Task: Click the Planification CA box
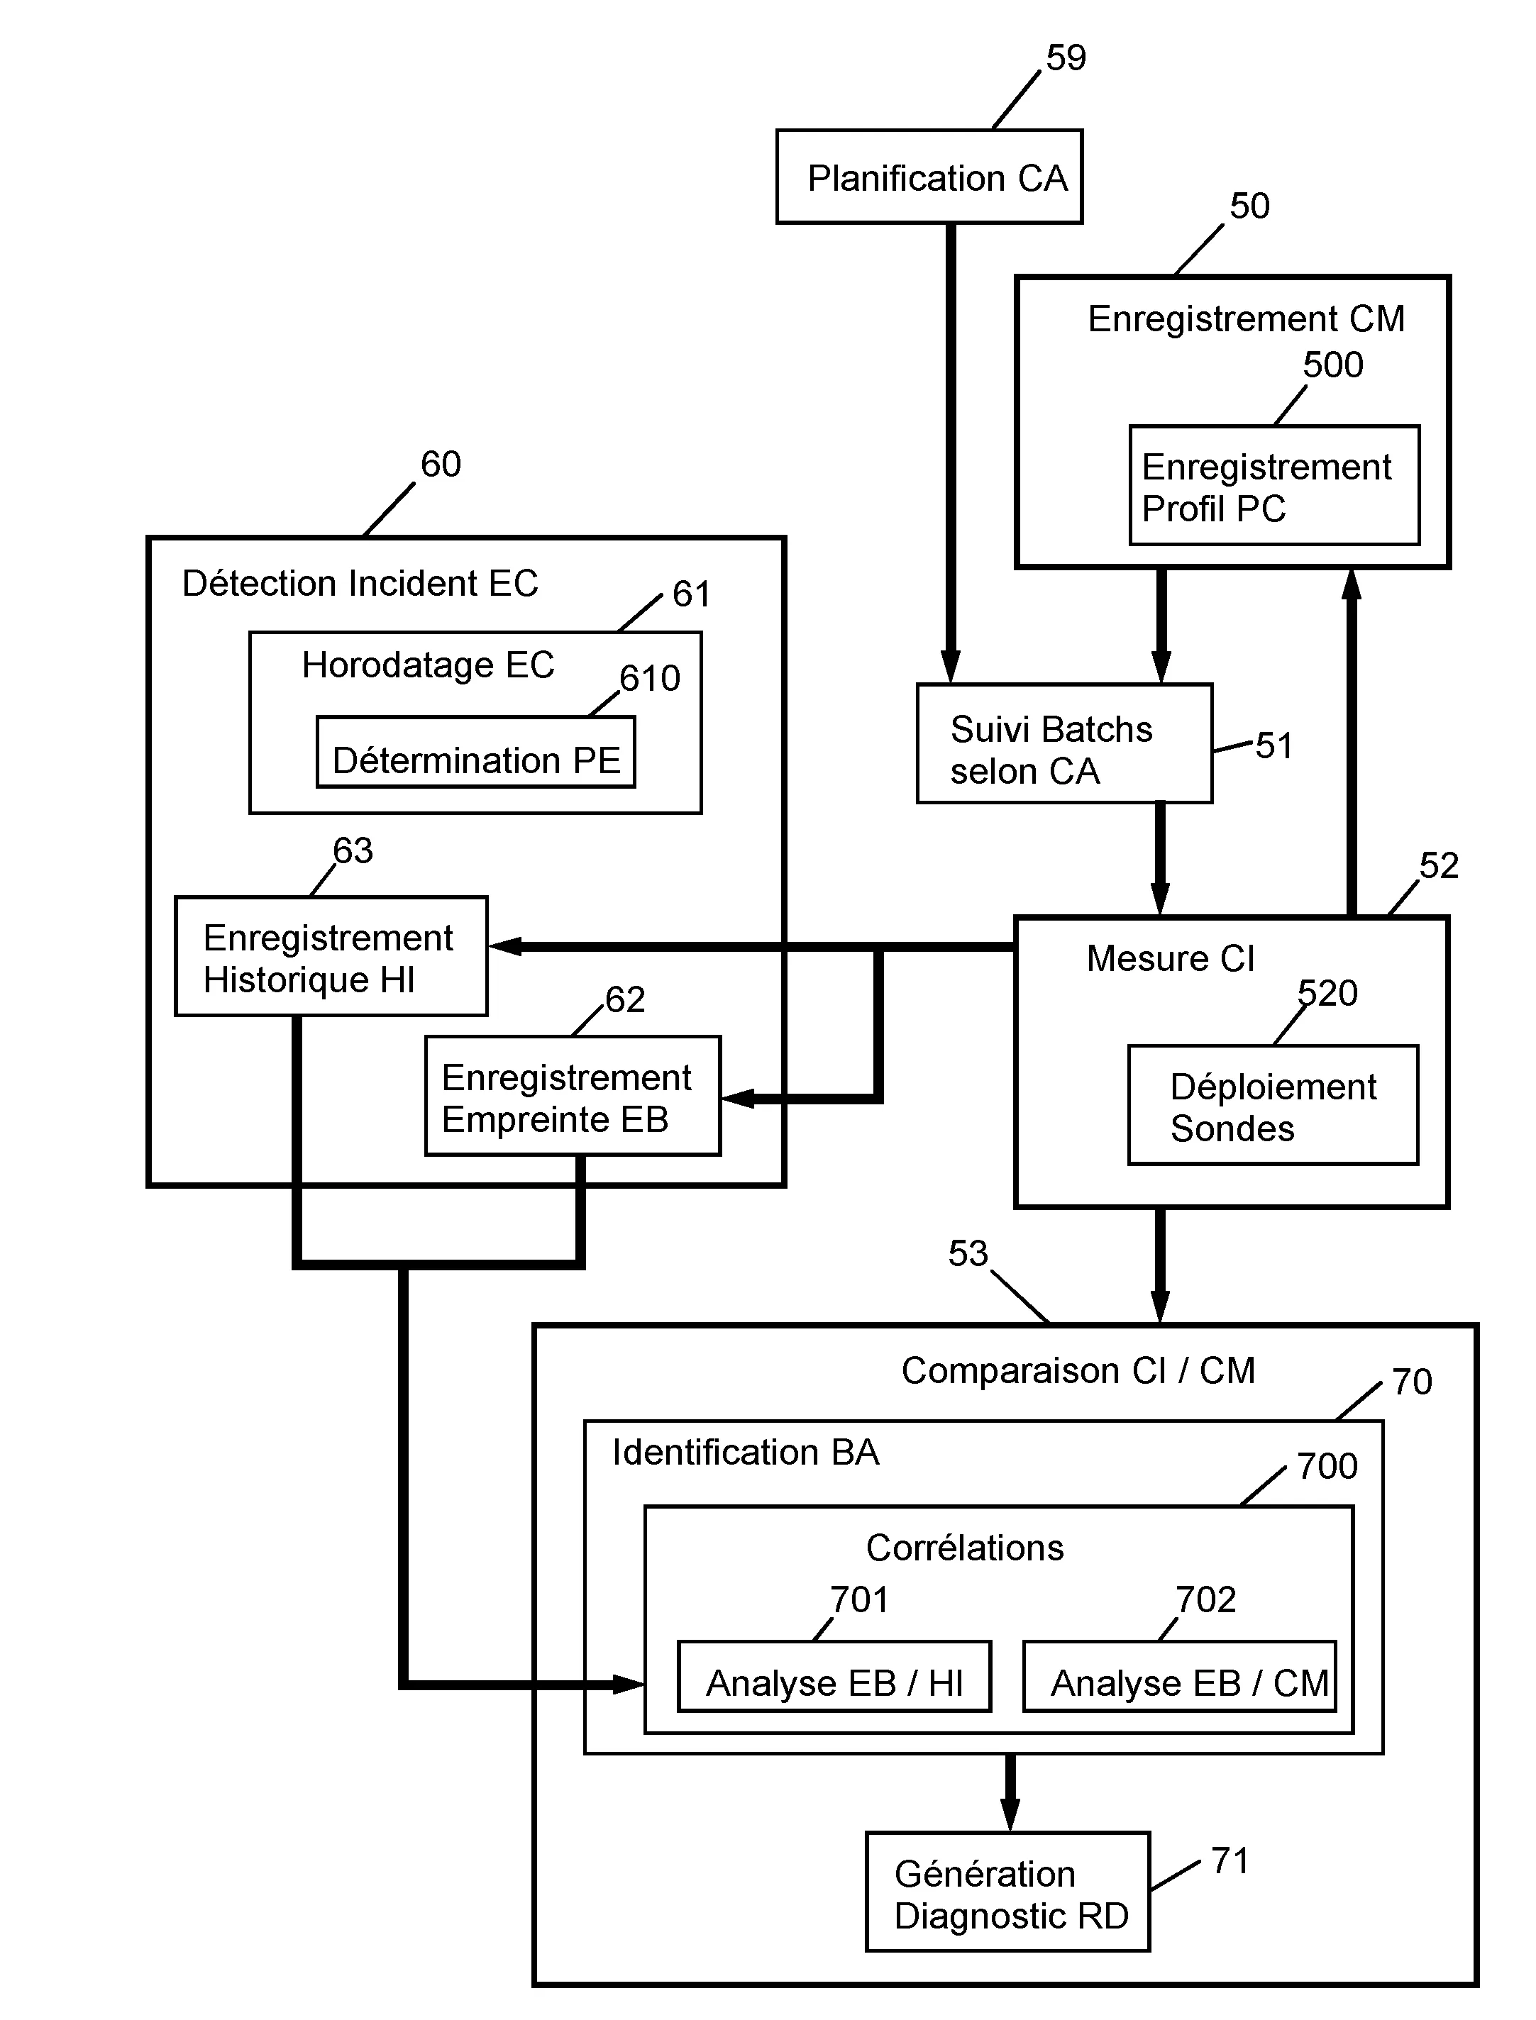(x=929, y=177)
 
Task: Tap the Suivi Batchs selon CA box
(x=1064, y=744)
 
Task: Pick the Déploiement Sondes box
(x=1273, y=1105)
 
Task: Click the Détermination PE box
(x=475, y=753)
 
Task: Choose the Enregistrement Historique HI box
(x=331, y=956)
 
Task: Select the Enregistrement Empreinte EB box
(x=573, y=1096)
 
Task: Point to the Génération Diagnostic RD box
(x=1007, y=1892)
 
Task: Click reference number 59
(x=1066, y=58)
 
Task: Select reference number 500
(x=1333, y=365)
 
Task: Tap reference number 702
(x=1206, y=1599)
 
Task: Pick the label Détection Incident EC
(x=360, y=583)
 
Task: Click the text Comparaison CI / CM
(x=1078, y=1371)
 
